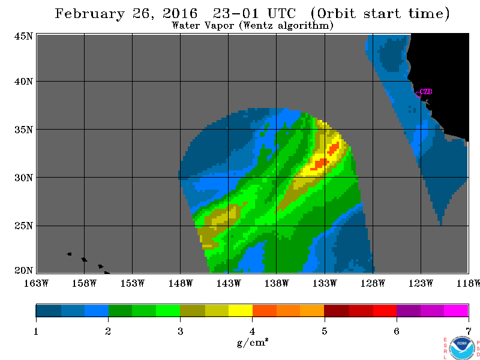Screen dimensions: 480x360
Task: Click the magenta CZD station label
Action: point(426,92)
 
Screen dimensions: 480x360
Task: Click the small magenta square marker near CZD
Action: point(418,94)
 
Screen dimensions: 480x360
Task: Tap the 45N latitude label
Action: point(23,36)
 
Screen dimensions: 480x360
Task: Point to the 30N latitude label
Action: point(23,178)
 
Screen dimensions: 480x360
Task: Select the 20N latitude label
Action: point(23,271)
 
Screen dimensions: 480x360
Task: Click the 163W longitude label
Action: point(36,283)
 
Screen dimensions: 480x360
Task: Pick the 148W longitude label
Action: point(181,283)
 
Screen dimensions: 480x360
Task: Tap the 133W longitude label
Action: point(325,283)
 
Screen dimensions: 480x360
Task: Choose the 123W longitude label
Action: point(421,283)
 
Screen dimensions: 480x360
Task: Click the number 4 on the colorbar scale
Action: point(252,331)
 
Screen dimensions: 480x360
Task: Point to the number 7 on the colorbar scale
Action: point(469,331)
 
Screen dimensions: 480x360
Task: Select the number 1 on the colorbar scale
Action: point(36,331)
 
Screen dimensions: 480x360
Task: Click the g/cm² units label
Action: point(253,343)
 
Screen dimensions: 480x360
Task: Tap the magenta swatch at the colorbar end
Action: point(456,310)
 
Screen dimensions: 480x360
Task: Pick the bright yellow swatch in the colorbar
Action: point(241,310)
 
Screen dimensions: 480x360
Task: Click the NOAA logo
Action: point(462,349)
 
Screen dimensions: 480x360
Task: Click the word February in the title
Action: point(90,14)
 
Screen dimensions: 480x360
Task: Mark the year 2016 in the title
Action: point(180,13)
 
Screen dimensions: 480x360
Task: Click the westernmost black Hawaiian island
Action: point(69,254)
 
